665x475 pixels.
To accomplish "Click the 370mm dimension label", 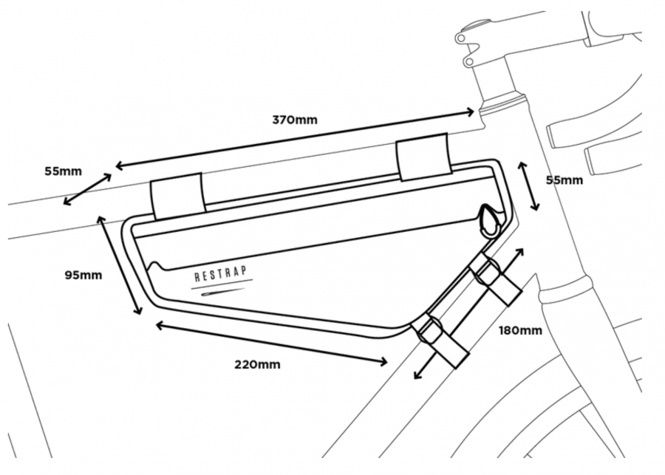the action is point(295,120).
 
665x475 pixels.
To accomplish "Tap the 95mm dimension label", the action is point(83,276).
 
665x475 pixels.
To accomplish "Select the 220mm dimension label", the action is point(257,364).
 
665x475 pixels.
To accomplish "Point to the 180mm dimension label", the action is point(520,330).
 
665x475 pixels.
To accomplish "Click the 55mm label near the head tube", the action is point(564,180).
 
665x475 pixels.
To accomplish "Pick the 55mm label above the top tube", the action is point(64,171).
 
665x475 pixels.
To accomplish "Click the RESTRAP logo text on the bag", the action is point(220,274).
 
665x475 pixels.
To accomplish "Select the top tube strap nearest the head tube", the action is point(423,157).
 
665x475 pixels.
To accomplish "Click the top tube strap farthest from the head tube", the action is point(178,196).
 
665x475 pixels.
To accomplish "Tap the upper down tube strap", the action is point(494,278).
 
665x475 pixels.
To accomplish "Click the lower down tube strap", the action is point(441,341).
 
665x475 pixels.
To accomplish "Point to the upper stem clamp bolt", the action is point(460,39).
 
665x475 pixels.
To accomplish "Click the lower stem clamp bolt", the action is point(469,62).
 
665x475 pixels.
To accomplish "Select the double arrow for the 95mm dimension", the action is point(119,265).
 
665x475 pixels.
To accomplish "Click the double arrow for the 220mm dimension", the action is point(271,344).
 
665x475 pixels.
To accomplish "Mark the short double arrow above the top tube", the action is point(88,189).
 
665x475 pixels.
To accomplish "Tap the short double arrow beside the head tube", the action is point(528,185).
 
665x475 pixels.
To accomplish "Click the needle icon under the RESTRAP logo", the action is point(222,292).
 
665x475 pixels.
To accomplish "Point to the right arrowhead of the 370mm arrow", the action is point(470,112).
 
